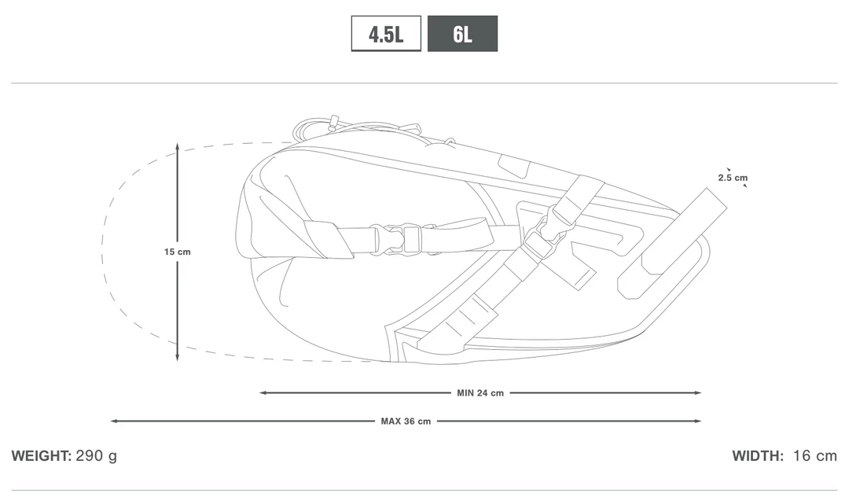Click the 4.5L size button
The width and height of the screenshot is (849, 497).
[386, 34]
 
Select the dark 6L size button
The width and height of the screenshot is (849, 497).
[462, 34]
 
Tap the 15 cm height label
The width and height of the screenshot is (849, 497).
[178, 252]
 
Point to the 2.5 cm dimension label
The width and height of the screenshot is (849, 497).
[733, 178]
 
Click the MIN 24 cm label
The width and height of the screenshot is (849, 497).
[480, 393]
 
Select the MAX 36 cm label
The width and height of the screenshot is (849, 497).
[406, 422]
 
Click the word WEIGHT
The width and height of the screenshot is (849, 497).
[41, 456]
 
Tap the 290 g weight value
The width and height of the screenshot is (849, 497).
[97, 456]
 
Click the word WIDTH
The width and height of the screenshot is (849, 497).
[758, 456]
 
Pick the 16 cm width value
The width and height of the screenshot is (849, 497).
[815, 456]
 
